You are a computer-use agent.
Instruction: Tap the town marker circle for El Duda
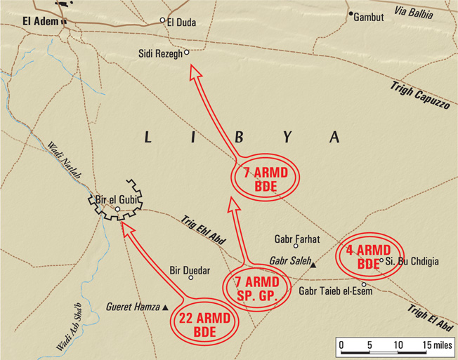162,20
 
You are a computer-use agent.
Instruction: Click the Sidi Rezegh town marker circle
187,52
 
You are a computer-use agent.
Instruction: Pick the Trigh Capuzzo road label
421,95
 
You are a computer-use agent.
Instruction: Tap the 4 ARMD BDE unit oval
368,258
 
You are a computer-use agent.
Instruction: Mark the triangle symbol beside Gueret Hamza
165,307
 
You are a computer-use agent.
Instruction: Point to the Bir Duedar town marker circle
190,278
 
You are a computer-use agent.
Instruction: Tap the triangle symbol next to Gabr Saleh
313,265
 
